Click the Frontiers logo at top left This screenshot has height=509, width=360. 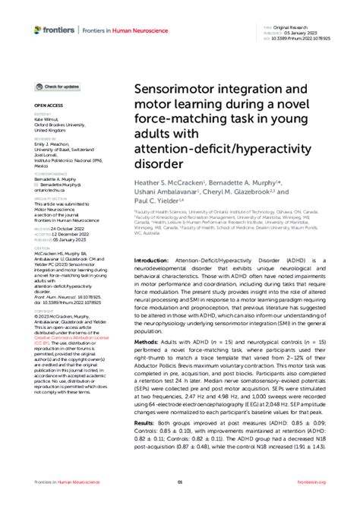(54, 30)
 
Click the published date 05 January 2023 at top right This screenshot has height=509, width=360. (298, 30)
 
